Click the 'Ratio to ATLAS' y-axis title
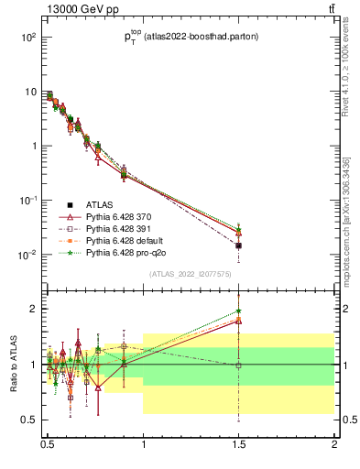click(12, 365)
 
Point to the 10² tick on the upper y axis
click(28, 38)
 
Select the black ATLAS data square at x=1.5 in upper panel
click(239, 245)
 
